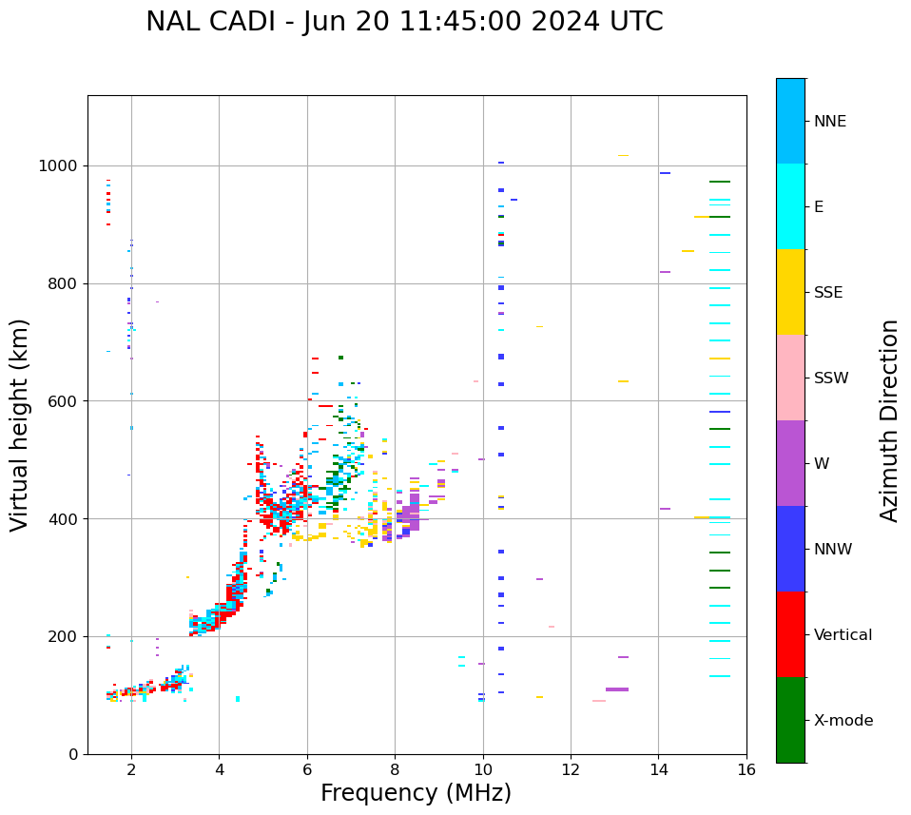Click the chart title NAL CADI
coord(404,22)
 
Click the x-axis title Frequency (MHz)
coord(416,793)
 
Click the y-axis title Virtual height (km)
coord(20,425)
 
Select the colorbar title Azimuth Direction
coord(889,420)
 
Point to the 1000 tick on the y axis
coord(59,165)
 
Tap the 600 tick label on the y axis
coord(63,401)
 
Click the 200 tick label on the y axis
coord(63,636)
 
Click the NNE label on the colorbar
coord(829,122)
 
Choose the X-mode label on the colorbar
coord(843,721)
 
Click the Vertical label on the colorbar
coord(843,635)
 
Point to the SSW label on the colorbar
coord(830,378)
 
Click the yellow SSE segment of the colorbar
coord(790,292)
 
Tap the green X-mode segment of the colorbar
coord(790,720)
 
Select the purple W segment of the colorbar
coord(790,463)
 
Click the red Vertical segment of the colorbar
coord(790,634)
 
